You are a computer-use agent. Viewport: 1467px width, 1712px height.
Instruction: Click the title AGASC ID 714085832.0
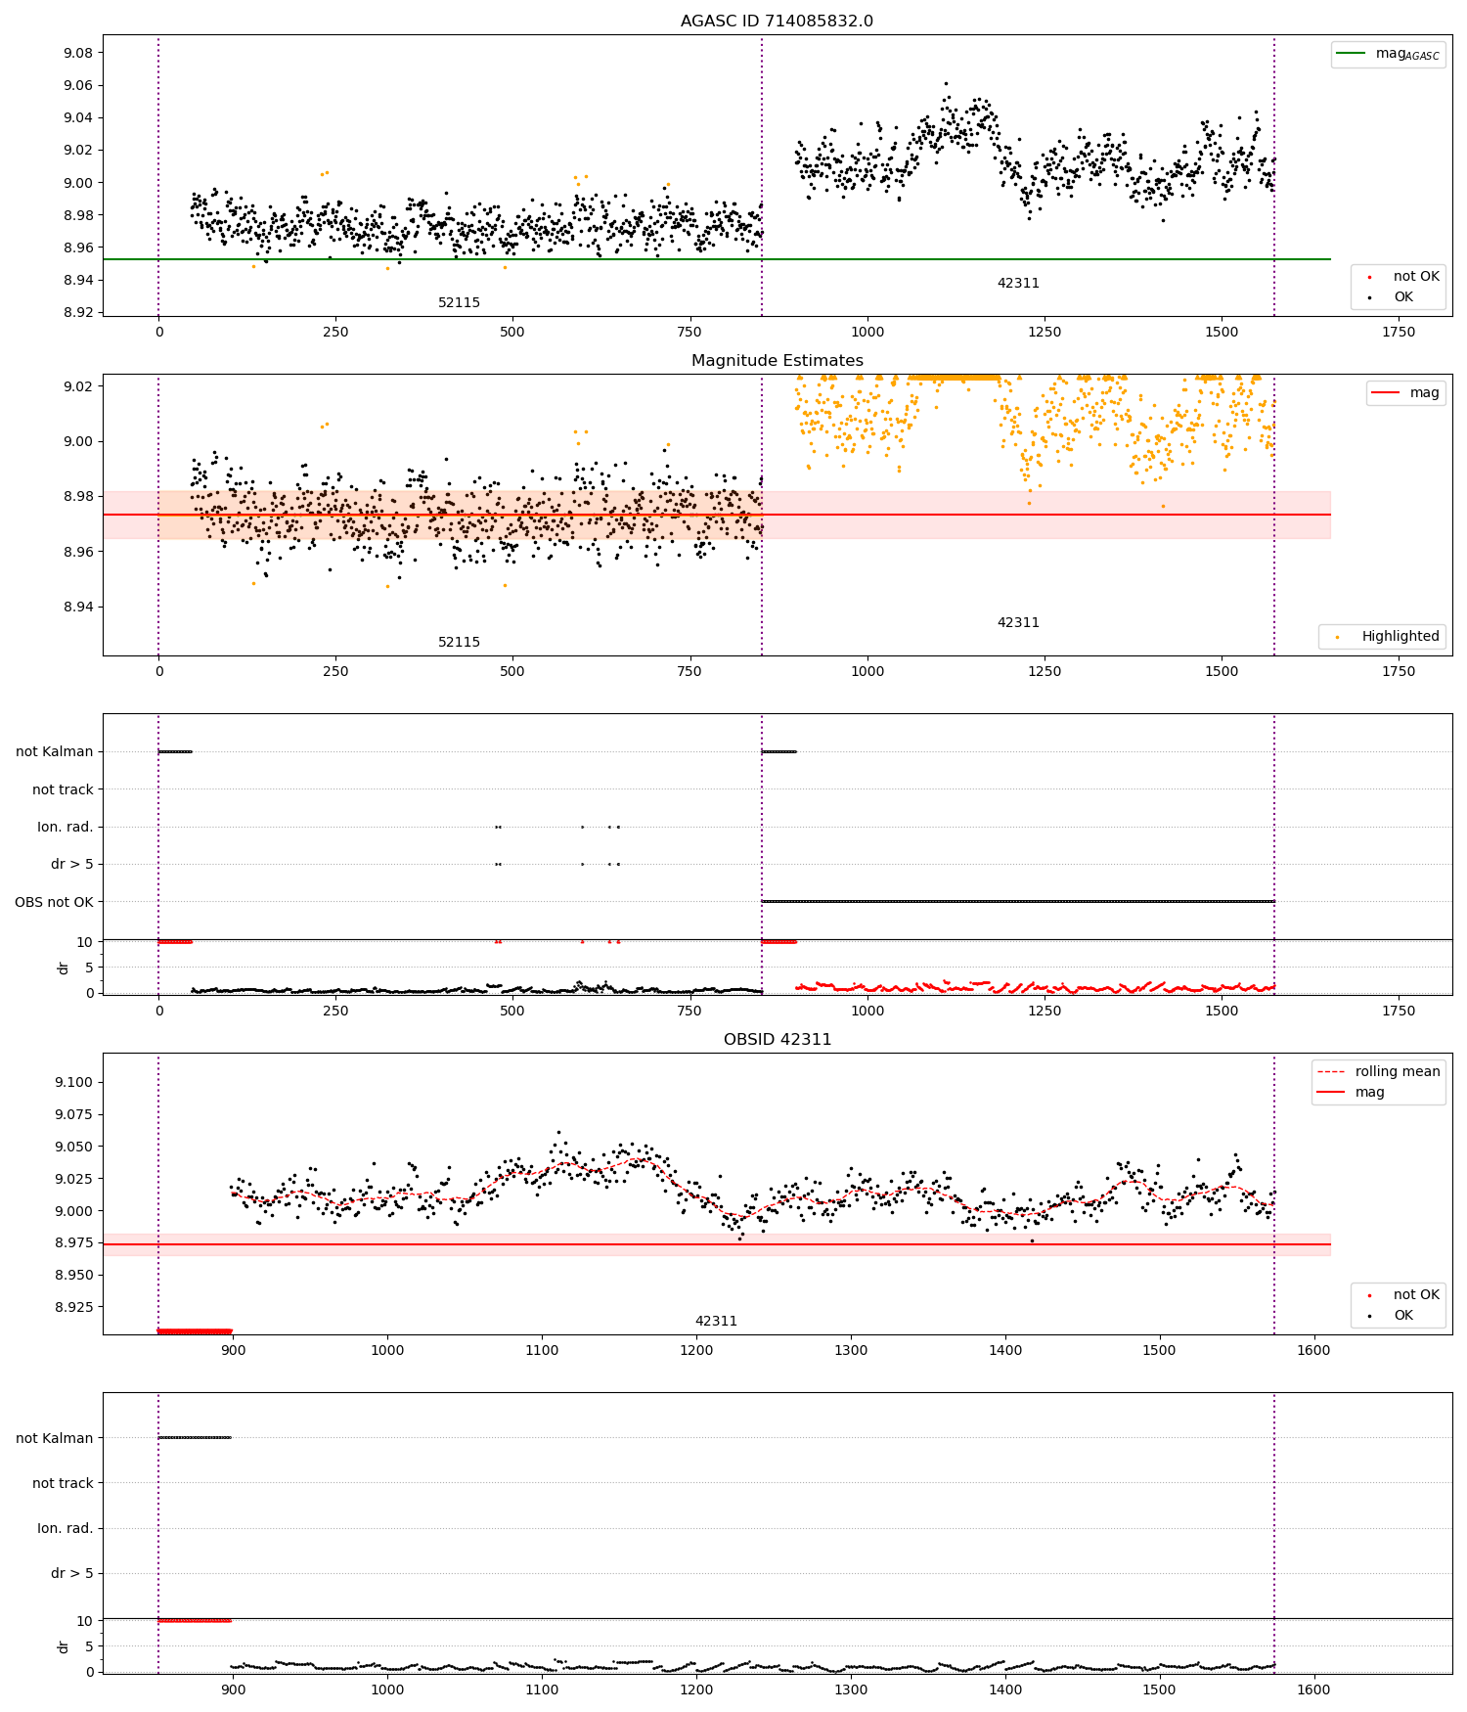[777, 22]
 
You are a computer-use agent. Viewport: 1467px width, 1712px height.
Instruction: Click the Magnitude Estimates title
[777, 361]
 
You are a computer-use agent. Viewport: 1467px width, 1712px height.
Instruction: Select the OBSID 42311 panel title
[777, 1040]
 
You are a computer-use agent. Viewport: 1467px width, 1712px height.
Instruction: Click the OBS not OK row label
[54, 902]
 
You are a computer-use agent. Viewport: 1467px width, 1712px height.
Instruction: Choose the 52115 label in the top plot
[459, 303]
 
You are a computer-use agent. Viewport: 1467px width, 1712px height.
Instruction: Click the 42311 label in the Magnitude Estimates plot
[1018, 623]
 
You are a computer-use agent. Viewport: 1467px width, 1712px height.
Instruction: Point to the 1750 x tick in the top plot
[1399, 332]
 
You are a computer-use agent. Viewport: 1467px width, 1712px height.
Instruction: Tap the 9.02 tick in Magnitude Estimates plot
[80, 386]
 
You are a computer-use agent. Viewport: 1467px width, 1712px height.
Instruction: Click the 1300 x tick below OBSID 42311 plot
[851, 1350]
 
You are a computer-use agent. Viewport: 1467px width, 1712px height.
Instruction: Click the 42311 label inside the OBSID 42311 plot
[716, 1322]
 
